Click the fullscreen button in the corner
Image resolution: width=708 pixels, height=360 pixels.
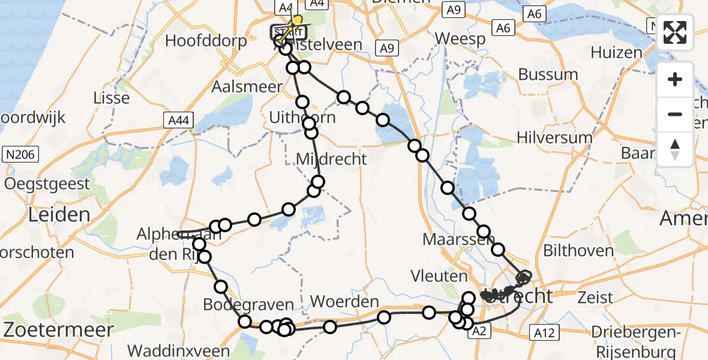pyautogui.click(x=675, y=32)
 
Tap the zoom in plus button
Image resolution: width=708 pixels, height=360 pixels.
pyautogui.click(x=675, y=79)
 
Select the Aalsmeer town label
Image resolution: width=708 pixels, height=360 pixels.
pyautogui.click(x=247, y=86)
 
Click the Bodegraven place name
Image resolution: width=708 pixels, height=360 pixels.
pyautogui.click(x=248, y=304)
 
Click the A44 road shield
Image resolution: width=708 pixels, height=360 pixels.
pyautogui.click(x=178, y=121)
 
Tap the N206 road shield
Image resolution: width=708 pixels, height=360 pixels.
pyautogui.click(x=22, y=155)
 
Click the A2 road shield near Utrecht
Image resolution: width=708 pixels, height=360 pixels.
pyautogui.click(x=478, y=331)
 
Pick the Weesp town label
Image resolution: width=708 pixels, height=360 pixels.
pyautogui.click(x=460, y=38)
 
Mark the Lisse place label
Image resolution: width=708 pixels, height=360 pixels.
pyautogui.click(x=112, y=98)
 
